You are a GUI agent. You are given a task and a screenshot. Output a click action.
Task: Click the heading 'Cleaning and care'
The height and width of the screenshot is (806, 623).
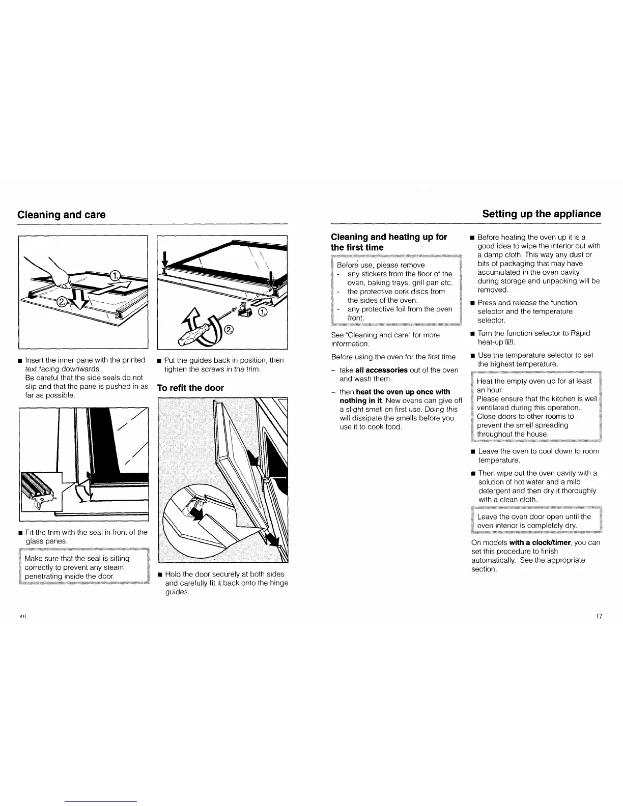(62, 215)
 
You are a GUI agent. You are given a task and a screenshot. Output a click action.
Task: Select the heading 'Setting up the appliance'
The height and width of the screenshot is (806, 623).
(542, 214)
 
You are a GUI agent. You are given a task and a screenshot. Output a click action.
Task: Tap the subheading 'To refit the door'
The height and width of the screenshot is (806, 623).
(190, 388)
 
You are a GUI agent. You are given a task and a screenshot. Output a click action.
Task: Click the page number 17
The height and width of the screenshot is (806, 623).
(599, 617)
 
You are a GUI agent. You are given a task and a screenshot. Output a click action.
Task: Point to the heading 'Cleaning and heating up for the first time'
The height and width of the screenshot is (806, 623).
(389, 242)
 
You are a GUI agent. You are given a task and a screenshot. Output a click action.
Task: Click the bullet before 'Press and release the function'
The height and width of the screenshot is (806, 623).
(472, 303)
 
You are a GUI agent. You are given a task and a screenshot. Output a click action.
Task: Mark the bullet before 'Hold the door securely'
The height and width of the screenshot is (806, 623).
(160, 574)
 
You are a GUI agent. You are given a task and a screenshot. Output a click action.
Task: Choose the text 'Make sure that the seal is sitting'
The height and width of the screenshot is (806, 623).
(77, 558)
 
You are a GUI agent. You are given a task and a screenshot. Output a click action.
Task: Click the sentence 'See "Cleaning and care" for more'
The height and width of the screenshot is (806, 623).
(385, 335)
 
